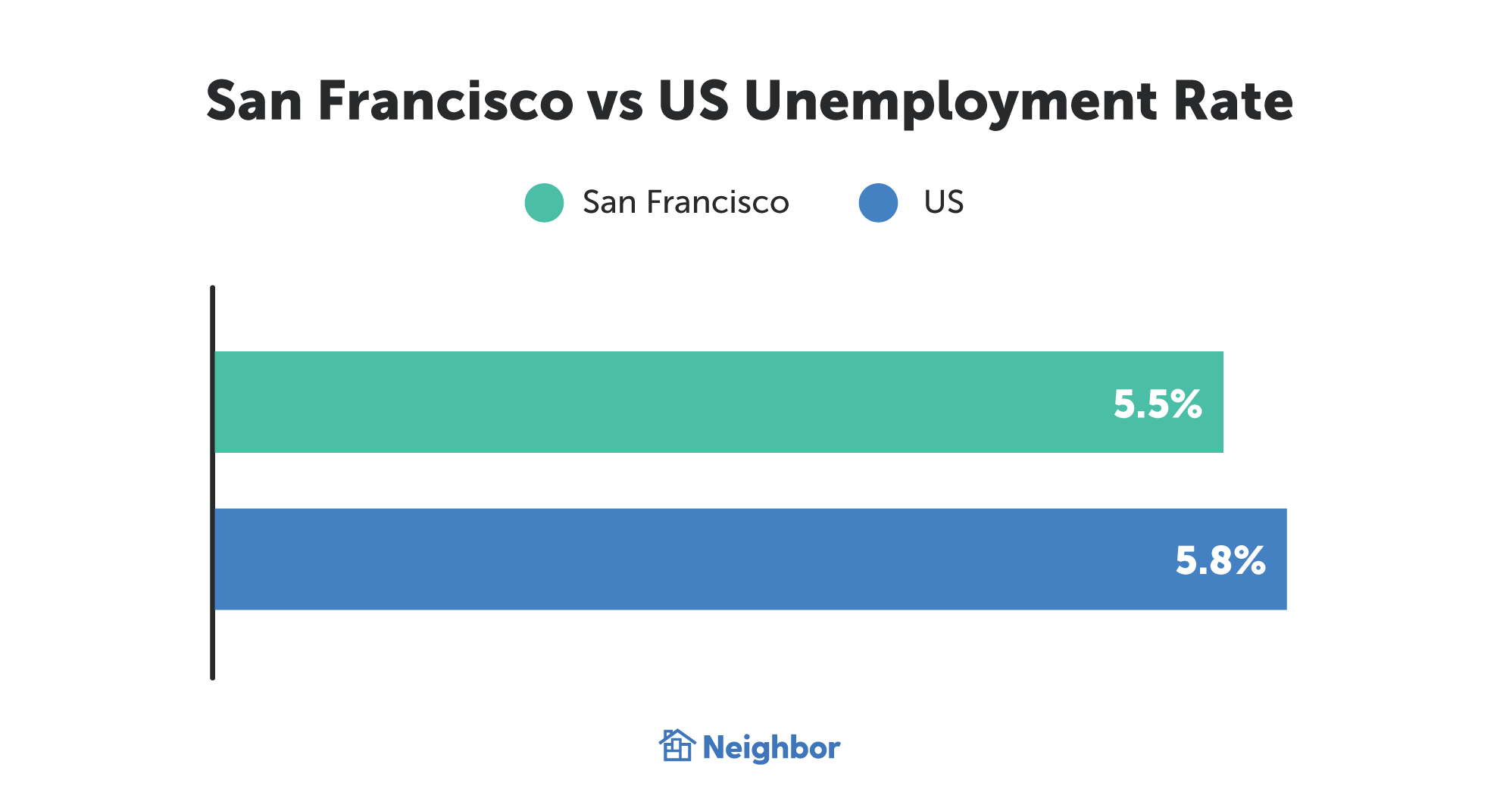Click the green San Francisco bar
(x=682, y=402)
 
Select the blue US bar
(x=682, y=559)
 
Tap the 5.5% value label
(x=1157, y=404)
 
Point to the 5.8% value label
(x=1220, y=560)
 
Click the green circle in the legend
(x=544, y=203)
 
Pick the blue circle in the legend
(x=878, y=203)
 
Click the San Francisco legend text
(x=686, y=203)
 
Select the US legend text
(x=943, y=202)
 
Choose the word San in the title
(x=255, y=101)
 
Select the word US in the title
(x=693, y=101)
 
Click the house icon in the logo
(x=677, y=746)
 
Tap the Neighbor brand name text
(x=771, y=748)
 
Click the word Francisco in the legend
(x=717, y=203)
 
